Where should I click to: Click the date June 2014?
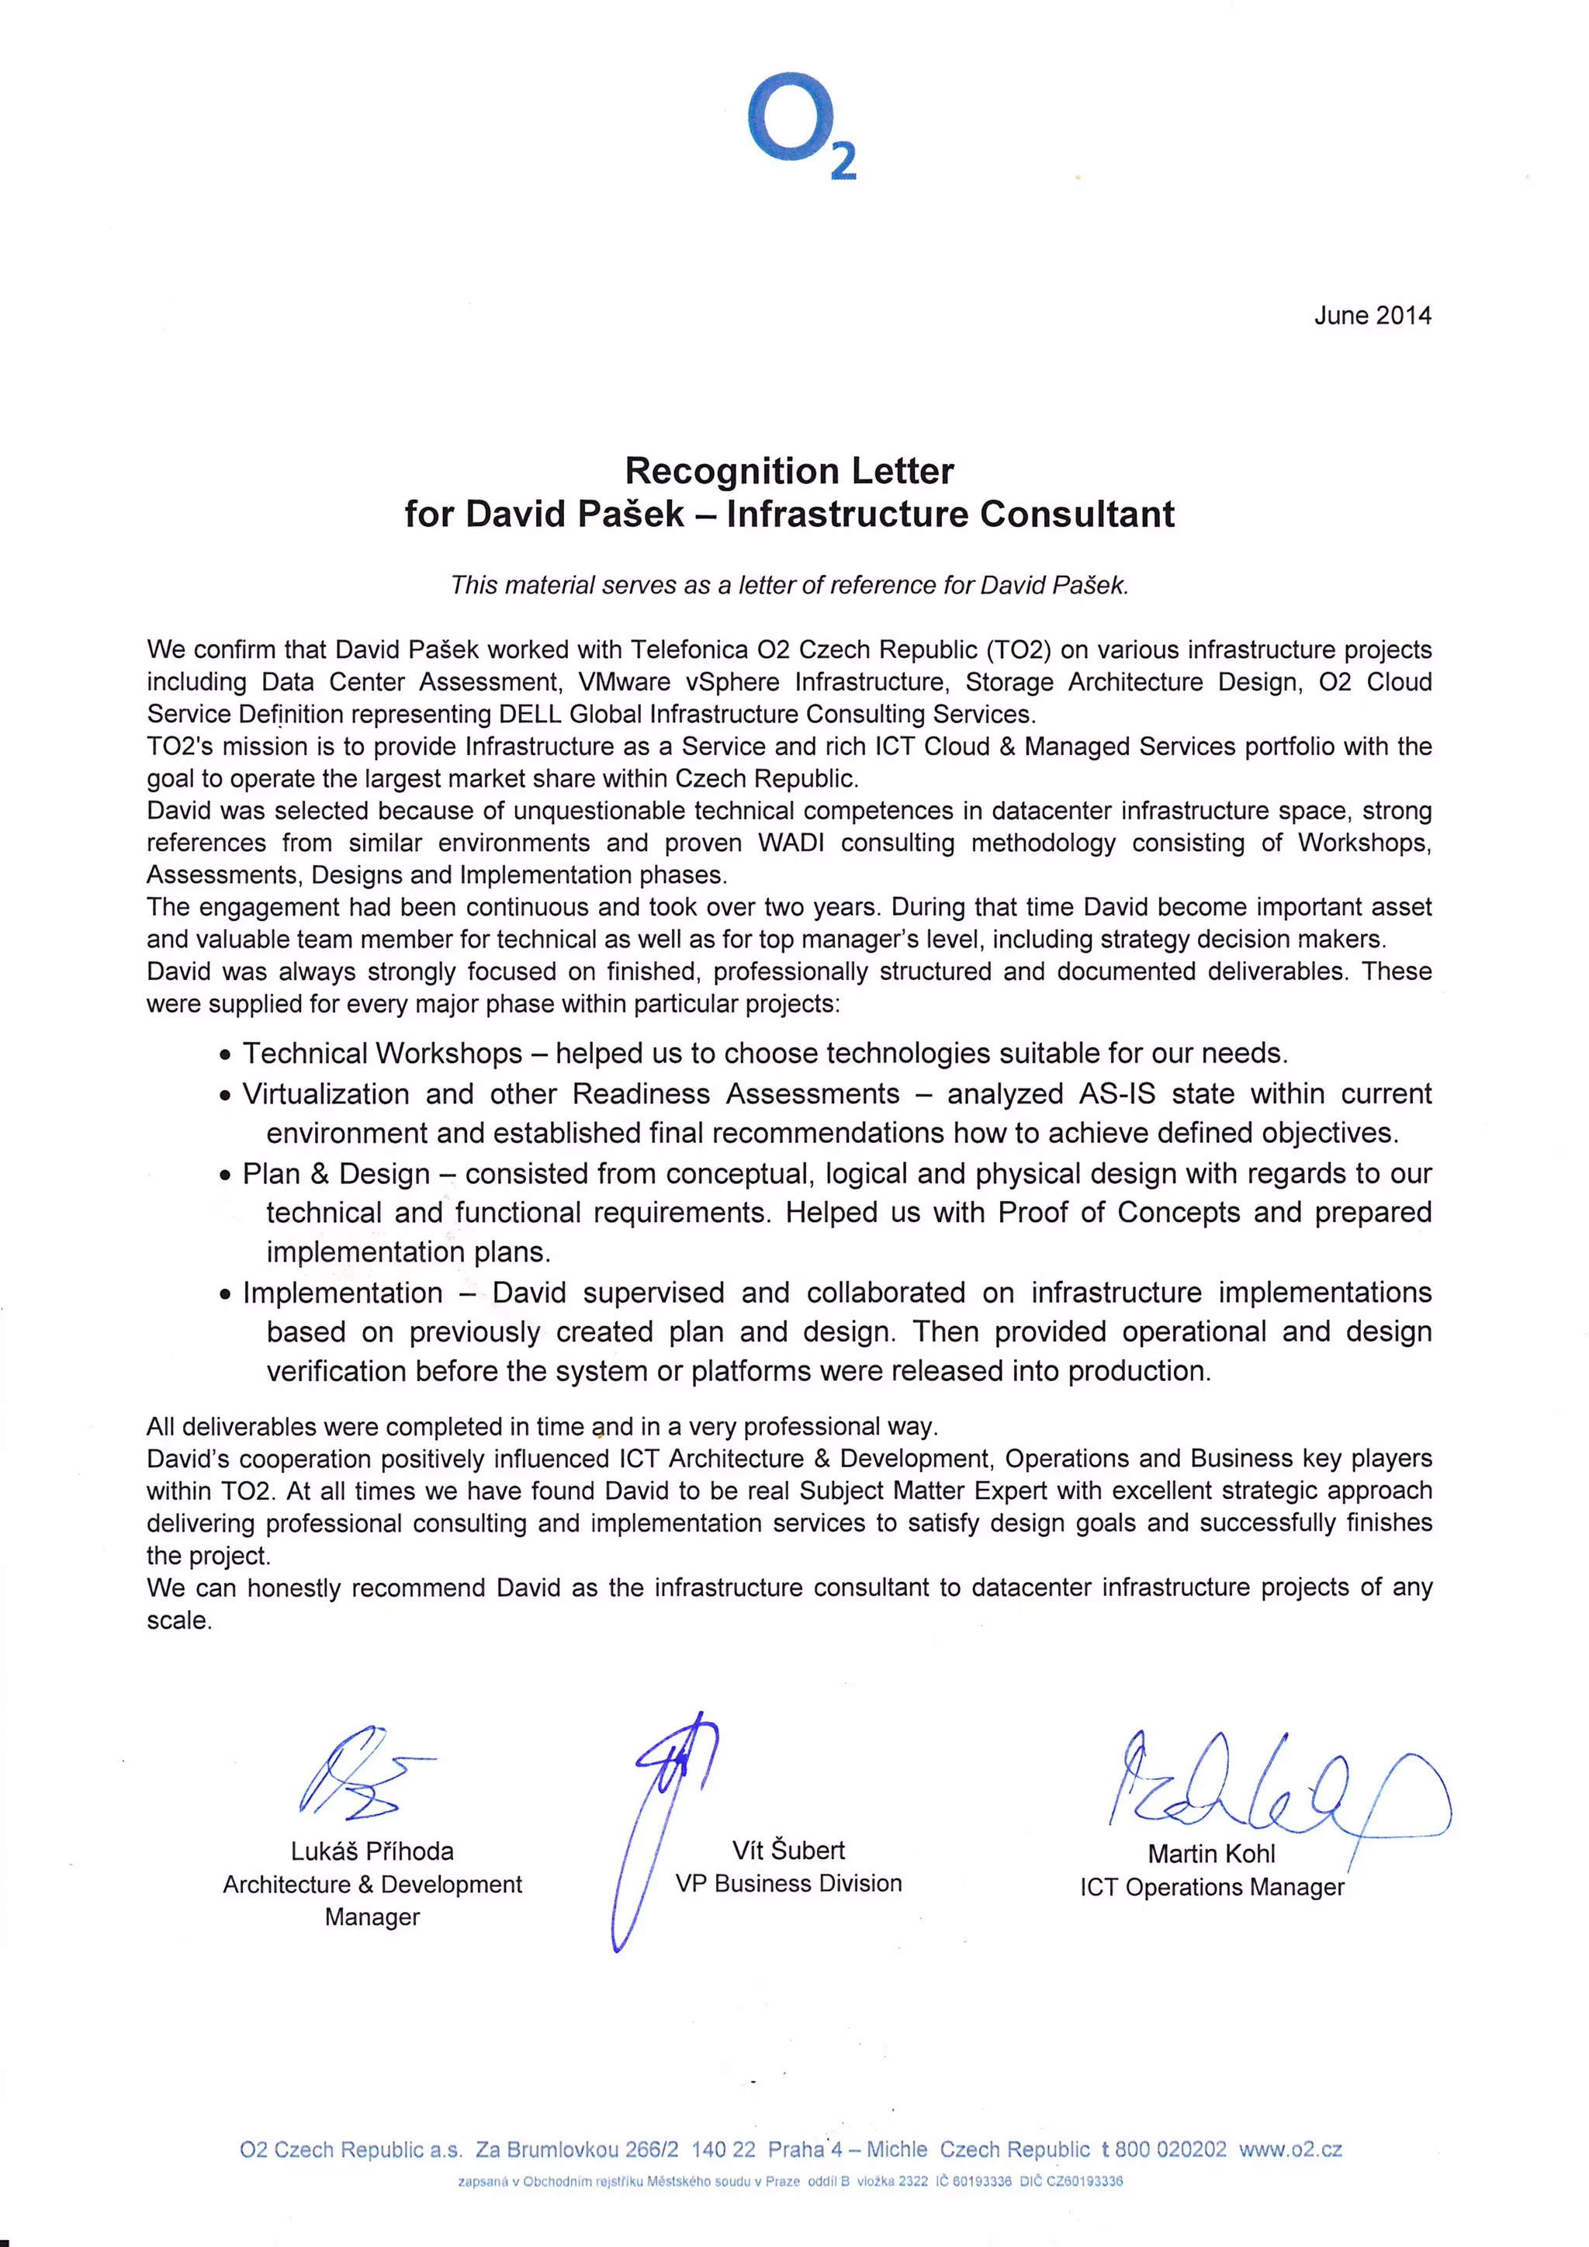point(1372,315)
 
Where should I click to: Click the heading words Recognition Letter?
point(788,471)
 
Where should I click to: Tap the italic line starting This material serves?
point(788,585)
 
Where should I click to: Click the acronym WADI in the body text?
point(791,843)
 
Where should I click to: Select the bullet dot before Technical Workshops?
point(226,1056)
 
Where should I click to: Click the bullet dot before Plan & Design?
point(226,1176)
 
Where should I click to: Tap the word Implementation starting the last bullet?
point(342,1293)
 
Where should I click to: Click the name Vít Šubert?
point(788,1851)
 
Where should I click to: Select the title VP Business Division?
point(788,1884)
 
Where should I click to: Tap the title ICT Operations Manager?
point(1211,1888)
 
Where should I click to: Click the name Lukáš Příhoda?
point(372,1851)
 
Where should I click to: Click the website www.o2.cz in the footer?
point(1290,2150)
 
